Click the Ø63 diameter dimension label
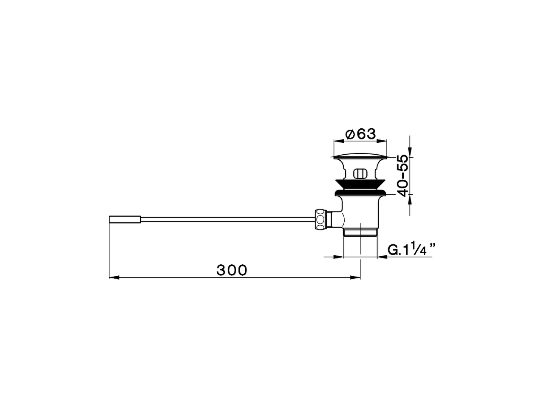[x=361, y=134]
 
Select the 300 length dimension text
[x=232, y=270]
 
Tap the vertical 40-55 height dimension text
[x=402, y=175]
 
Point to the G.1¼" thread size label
[x=412, y=250]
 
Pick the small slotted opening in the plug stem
[x=360, y=174]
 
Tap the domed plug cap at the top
[x=360, y=156]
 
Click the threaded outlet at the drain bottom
[x=360, y=232]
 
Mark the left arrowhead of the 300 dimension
[x=113, y=278]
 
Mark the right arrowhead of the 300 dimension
[x=356, y=278]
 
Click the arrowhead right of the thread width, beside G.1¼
[x=381, y=257]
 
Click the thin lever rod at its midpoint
[x=227, y=219]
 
